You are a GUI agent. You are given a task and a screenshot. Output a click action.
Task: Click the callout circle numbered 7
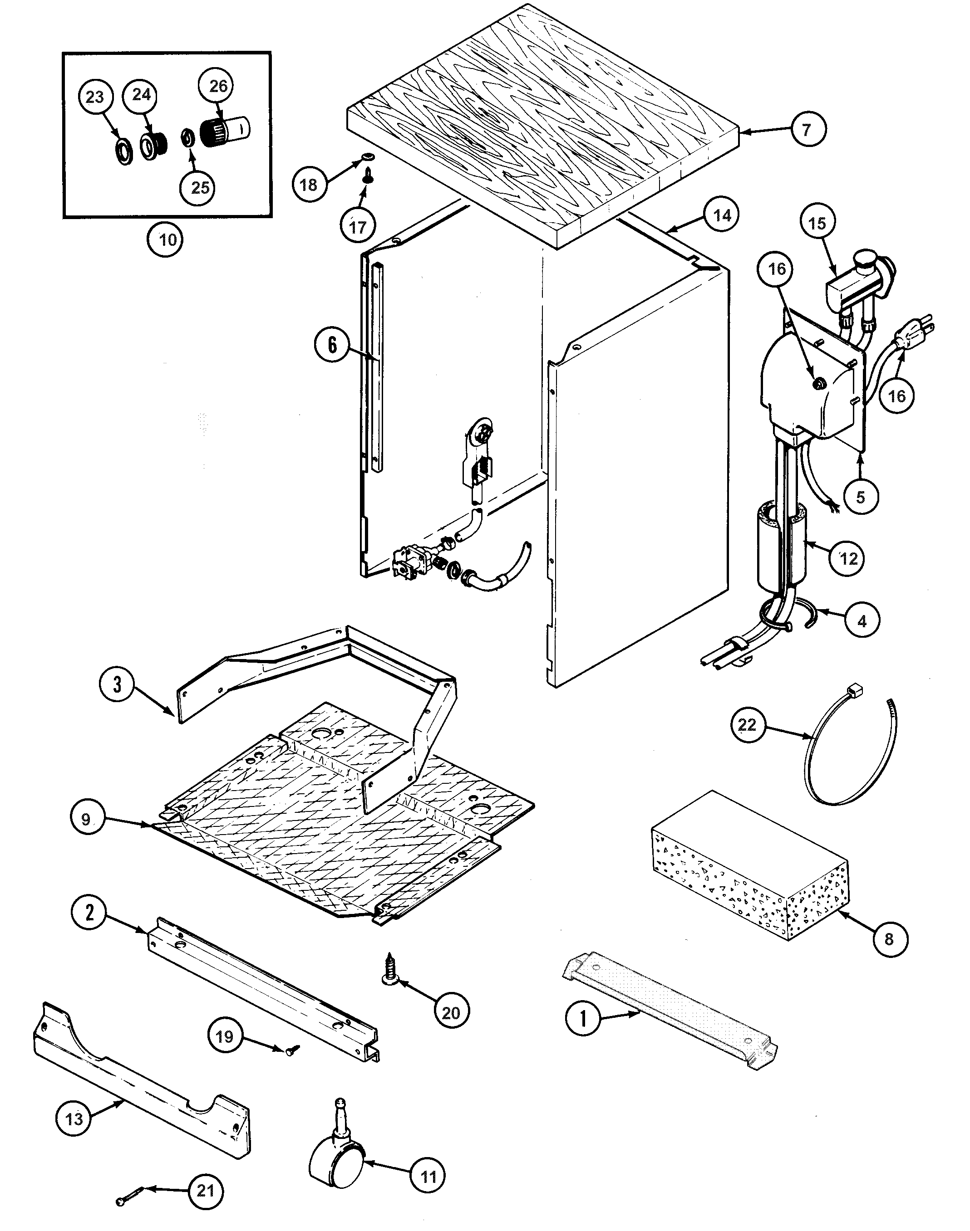807,130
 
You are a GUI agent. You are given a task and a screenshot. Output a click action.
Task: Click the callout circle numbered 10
167,239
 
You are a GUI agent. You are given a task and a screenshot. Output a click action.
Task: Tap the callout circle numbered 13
74,1119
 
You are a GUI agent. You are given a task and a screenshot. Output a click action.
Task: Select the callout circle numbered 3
117,684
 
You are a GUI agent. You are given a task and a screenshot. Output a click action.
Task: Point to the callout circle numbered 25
200,187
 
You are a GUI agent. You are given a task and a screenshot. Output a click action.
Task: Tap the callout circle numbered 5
861,497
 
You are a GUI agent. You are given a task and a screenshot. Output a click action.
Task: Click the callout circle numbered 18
308,185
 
